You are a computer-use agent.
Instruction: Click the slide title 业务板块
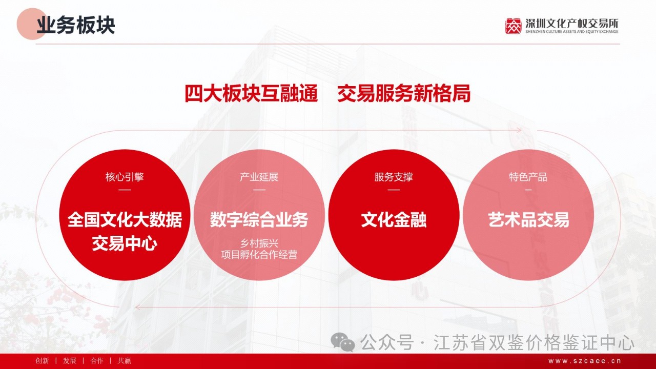[x=75, y=25]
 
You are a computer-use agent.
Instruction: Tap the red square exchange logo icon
[x=514, y=26]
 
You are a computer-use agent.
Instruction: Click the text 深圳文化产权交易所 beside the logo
[x=571, y=24]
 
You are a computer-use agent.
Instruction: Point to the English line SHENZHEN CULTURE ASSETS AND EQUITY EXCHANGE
[x=571, y=32]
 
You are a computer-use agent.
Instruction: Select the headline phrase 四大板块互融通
[x=251, y=93]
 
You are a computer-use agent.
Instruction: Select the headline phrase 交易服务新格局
[x=404, y=93]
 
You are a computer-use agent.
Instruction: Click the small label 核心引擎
[x=125, y=177]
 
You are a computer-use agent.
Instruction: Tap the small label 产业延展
[x=259, y=177]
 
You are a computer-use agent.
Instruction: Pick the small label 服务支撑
[x=394, y=177]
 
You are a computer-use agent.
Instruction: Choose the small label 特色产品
[x=528, y=177]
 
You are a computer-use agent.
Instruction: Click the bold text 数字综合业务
[x=259, y=220]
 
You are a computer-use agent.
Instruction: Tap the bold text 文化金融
[x=394, y=220]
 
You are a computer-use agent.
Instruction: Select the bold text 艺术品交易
[x=528, y=220]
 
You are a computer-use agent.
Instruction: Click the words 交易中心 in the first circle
[x=125, y=243]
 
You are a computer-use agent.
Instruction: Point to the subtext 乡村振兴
[x=259, y=243]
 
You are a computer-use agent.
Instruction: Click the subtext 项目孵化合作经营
[x=259, y=255]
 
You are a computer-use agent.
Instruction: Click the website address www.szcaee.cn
[x=585, y=361]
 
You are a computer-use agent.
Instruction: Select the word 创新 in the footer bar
[x=42, y=361]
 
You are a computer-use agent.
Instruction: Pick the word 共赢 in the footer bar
[x=124, y=361]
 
